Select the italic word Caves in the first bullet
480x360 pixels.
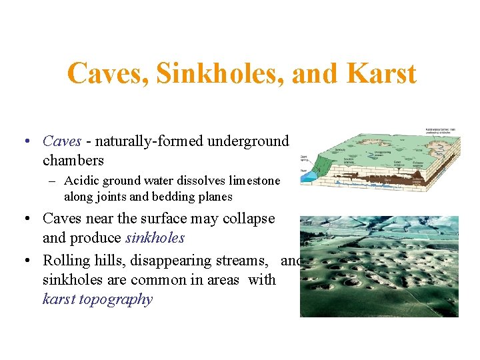(x=62, y=141)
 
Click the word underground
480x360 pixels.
(x=248, y=141)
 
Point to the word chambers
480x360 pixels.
(x=73, y=161)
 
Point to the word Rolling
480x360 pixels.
(x=65, y=261)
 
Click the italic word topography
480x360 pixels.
(x=115, y=299)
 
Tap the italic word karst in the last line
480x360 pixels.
(x=59, y=299)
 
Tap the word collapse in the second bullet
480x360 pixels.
(x=249, y=219)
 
